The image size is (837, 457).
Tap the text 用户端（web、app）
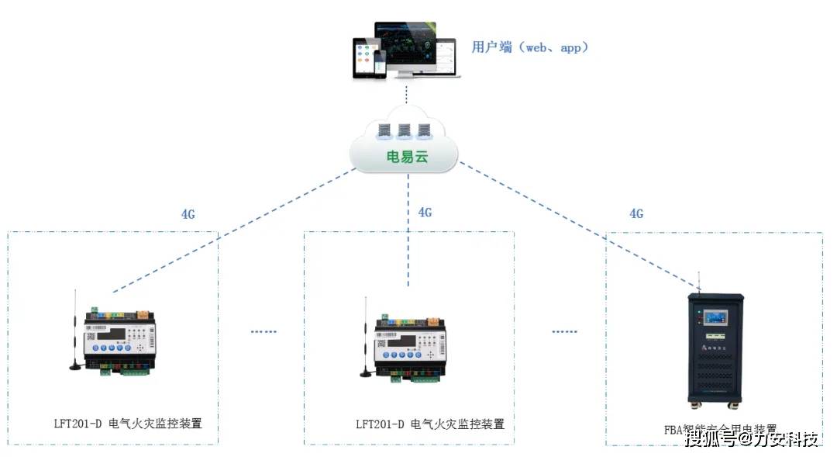coord(531,47)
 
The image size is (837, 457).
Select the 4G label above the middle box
coord(425,212)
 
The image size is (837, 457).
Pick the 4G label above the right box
coord(635,213)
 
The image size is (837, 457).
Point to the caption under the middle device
coord(430,424)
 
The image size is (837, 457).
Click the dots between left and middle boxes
coord(263,331)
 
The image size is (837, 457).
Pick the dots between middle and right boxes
coord(565,331)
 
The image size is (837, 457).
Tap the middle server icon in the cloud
coord(403,130)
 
